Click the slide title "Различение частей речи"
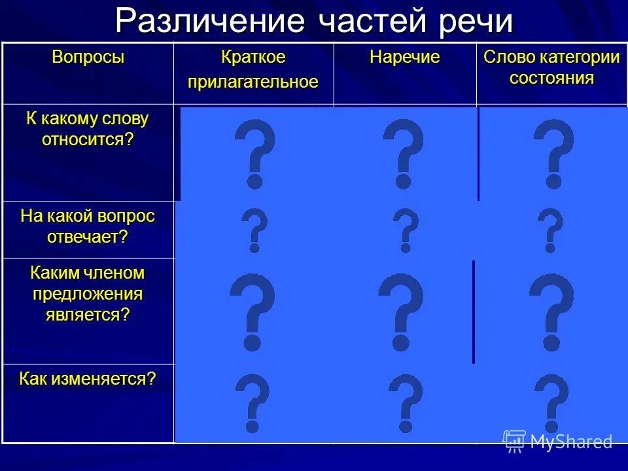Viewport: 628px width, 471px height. (314, 21)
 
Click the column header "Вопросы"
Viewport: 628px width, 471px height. (88, 58)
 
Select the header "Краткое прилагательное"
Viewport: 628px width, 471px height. (253, 69)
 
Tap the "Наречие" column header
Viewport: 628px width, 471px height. (404, 58)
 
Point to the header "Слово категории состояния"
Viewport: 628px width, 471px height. (551, 68)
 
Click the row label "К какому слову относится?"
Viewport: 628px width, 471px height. (88, 129)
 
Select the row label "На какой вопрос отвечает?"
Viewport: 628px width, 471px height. (88, 226)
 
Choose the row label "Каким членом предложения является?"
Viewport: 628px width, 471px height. (88, 293)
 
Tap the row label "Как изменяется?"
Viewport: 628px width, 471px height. (88, 379)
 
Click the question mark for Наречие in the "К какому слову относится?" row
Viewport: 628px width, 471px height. (403, 154)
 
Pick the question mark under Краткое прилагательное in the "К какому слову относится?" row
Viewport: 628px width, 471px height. (254, 154)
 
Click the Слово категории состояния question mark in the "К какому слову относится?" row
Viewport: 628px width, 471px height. (553, 154)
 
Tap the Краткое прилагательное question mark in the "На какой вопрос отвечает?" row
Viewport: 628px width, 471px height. (254, 230)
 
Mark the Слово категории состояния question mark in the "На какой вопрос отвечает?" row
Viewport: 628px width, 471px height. (550, 230)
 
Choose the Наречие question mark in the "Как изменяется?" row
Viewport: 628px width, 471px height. (406, 403)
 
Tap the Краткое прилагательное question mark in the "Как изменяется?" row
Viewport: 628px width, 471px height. (252, 403)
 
